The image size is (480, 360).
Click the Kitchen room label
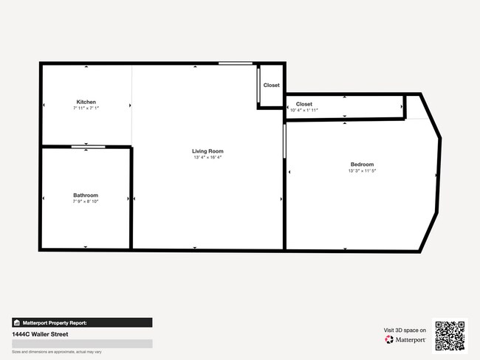click(86, 102)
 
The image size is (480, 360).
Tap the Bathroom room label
click(86, 195)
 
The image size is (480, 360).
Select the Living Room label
click(208, 151)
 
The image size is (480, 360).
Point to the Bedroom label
click(362, 165)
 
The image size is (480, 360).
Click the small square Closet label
click(272, 86)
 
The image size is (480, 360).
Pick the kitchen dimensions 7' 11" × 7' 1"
click(86, 108)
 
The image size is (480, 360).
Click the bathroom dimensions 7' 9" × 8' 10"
click(86, 201)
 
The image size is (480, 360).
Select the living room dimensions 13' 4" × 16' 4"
click(208, 157)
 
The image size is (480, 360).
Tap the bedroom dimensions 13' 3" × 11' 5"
click(362, 170)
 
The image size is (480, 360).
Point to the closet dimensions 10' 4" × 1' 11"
click(304, 111)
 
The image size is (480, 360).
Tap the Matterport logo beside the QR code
click(405, 340)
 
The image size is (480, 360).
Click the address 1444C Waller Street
click(36, 334)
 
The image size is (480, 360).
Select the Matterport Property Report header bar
click(82, 322)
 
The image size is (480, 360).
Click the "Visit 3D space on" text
click(405, 330)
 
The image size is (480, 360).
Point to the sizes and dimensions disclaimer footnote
click(57, 352)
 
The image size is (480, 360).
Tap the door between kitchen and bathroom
click(88, 147)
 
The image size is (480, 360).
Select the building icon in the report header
click(17, 322)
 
